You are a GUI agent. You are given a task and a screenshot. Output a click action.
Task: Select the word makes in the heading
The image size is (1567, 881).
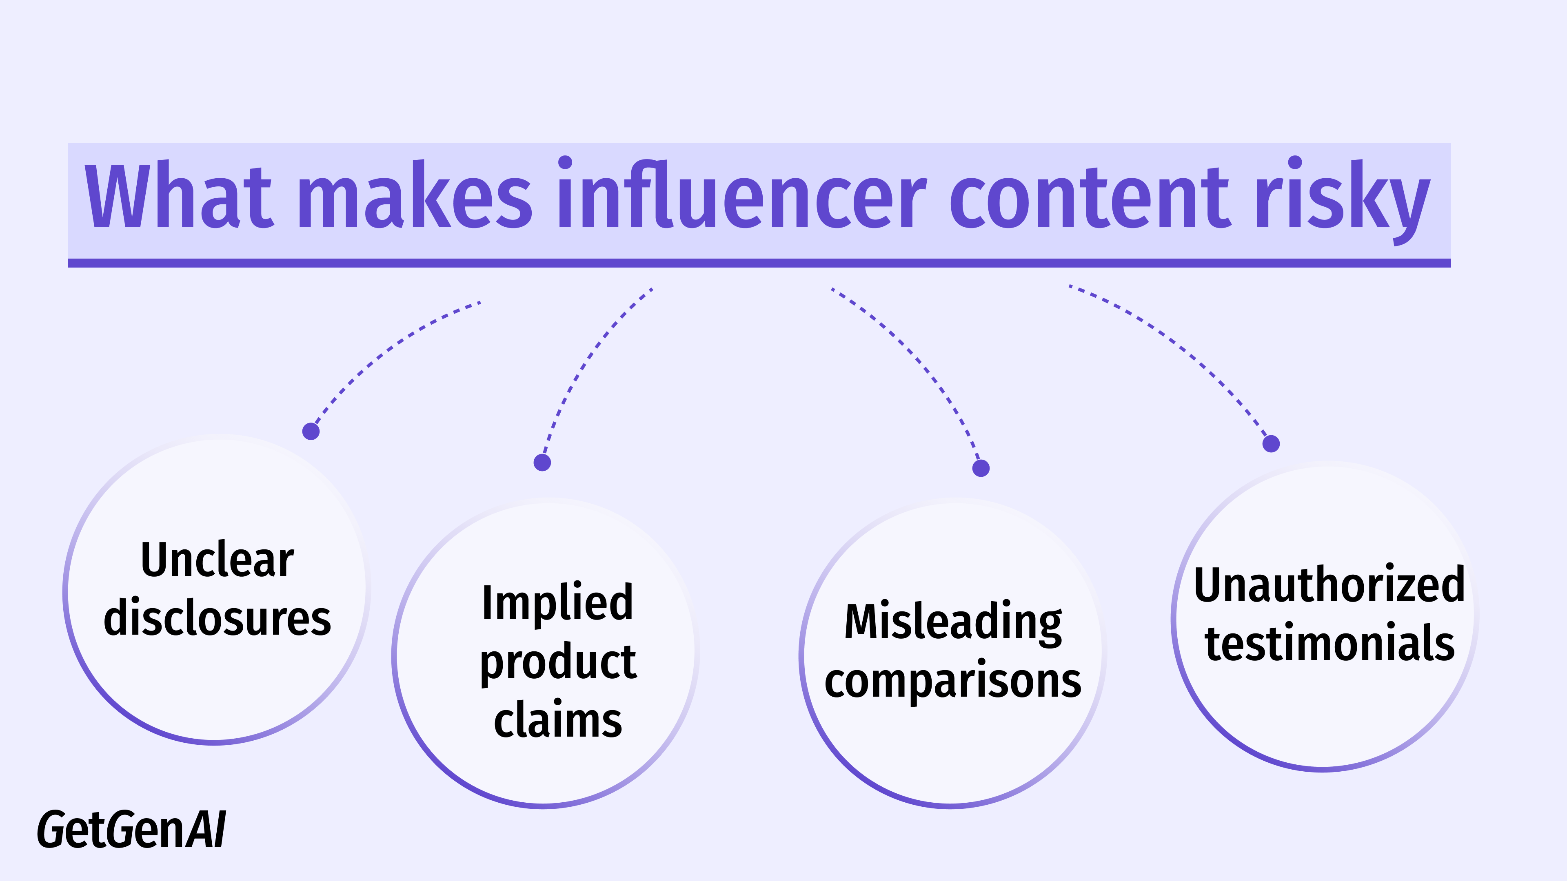pos(415,196)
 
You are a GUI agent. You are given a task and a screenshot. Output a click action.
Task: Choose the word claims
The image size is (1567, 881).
pos(557,720)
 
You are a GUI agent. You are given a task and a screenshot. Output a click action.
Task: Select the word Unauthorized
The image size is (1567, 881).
pos(1329,585)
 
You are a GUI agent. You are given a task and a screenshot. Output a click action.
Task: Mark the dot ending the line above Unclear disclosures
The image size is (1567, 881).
pos(311,431)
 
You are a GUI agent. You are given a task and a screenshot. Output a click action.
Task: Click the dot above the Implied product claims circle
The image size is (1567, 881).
pos(542,463)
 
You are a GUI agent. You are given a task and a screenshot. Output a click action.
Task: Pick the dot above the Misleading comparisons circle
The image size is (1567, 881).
pos(981,468)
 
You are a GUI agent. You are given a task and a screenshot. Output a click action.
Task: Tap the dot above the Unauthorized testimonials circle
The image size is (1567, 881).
pos(1271,444)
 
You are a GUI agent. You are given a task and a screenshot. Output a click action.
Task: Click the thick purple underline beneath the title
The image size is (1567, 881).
pos(759,263)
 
